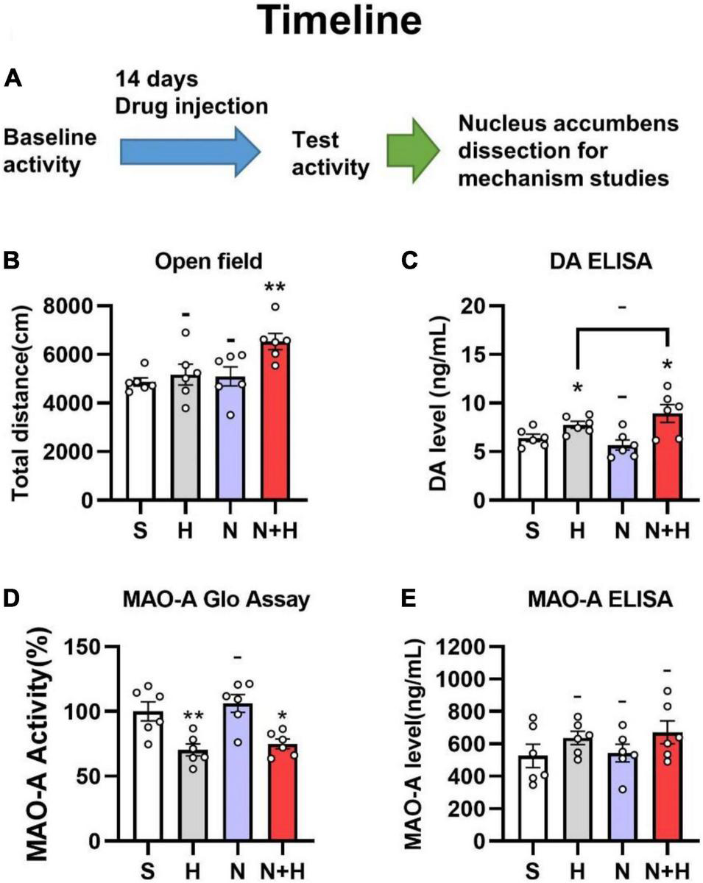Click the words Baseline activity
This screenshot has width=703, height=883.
click(50, 152)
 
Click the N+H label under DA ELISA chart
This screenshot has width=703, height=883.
click(666, 528)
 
